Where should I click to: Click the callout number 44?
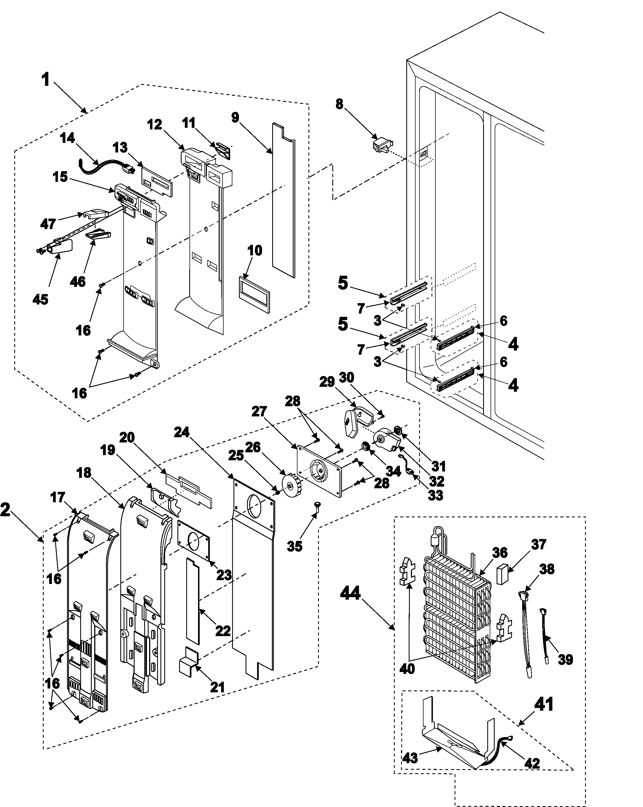point(350,594)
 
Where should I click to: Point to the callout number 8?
point(339,104)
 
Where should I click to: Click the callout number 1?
point(45,80)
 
